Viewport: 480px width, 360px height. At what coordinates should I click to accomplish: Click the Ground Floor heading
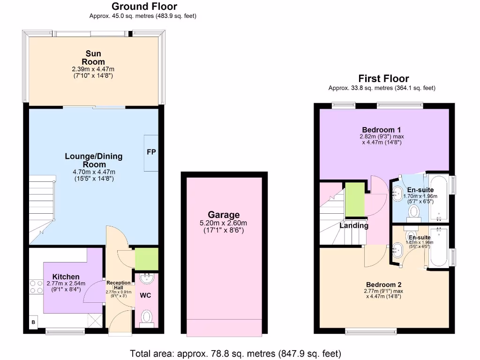pyautogui.click(x=144, y=7)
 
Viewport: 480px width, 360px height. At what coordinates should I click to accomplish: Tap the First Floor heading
pyautogui.click(x=383, y=79)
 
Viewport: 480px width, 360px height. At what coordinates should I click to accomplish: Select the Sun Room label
pyautogui.click(x=93, y=58)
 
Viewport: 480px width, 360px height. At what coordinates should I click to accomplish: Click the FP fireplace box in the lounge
pyautogui.click(x=151, y=153)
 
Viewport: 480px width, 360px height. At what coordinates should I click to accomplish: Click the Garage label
pyautogui.click(x=224, y=215)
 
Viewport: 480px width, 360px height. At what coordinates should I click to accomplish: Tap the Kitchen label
pyautogui.click(x=66, y=277)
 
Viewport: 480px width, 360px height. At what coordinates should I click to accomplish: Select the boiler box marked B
pyautogui.click(x=33, y=322)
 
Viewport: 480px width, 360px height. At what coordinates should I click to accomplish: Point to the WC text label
pyautogui.click(x=146, y=296)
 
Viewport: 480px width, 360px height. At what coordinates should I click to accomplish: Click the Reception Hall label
pyautogui.click(x=118, y=285)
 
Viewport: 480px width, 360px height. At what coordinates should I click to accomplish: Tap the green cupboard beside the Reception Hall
pyautogui.click(x=146, y=259)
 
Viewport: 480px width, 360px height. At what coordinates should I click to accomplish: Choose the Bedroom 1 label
pyautogui.click(x=381, y=129)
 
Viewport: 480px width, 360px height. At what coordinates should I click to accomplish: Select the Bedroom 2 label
pyautogui.click(x=383, y=285)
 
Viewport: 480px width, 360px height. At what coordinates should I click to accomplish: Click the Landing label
pyautogui.click(x=354, y=225)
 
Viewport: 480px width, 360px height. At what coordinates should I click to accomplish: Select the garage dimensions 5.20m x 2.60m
pyautogui.click(x=224, y=223)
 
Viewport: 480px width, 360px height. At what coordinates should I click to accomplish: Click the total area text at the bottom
pyautogui.click(x=235, y=353)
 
